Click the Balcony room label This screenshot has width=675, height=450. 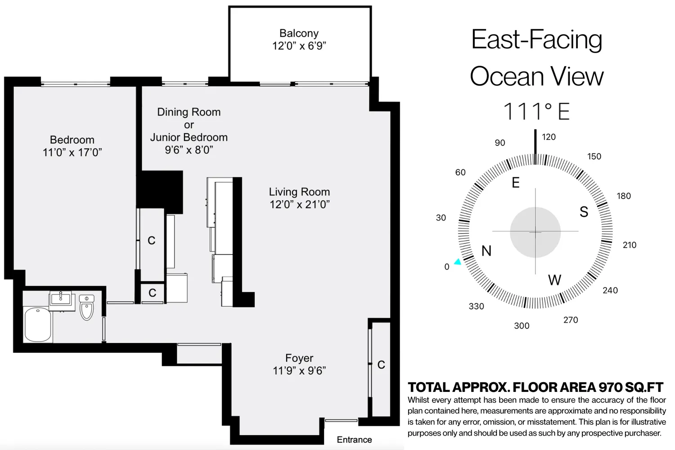pos(299,33)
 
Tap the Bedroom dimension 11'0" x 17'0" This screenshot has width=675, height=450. pos(72,153)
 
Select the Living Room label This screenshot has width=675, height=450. pos(299,192)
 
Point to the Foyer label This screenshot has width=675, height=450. pos(299,358)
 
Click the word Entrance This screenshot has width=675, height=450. pos(354,440)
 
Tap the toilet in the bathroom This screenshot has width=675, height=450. pos(87,307)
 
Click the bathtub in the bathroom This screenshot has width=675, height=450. pos(38,324)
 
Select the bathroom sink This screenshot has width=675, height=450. pos(61,298)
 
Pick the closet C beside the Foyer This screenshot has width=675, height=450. pos(381,365)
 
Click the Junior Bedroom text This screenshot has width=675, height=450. pos(189,137)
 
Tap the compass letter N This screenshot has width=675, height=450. pos(486,251)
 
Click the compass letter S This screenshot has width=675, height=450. pos(584,212)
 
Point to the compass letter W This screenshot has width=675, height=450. pos(554,280)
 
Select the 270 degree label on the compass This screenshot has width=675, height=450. pos(571,320)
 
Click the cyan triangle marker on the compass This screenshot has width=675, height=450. pos(458,261)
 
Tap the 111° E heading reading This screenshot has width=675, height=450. pos(536,112)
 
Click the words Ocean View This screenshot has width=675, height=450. pos(536,76)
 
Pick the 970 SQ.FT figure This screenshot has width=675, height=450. pos(630,387)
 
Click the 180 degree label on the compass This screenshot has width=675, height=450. pos(624,196)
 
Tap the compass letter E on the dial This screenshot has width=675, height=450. pos(516,182)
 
